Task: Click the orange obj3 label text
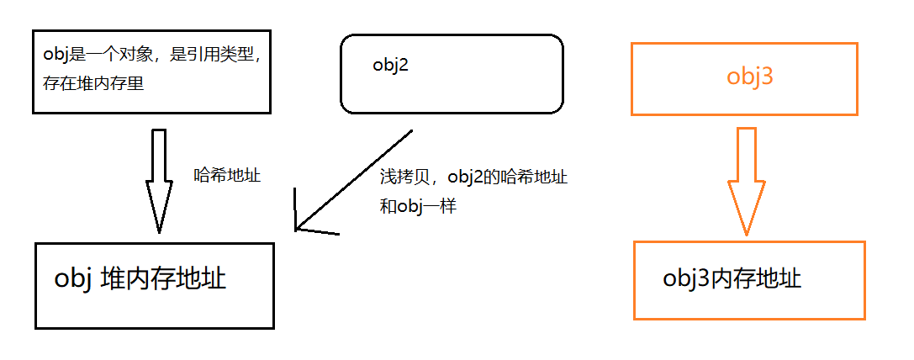tap(750, 77)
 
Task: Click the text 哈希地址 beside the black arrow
tap(227, 176)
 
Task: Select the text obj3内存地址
tap(732, 278)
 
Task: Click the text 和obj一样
tap(418, 206)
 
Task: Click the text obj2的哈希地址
tap(508, 177)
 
